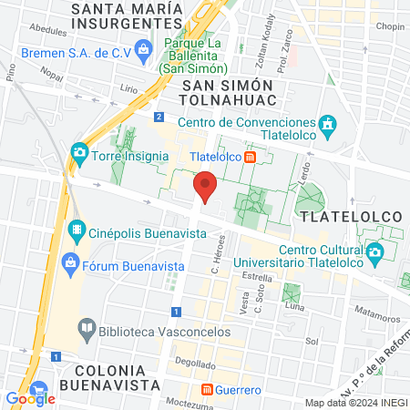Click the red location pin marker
pyautogui.click(x=206, y=186)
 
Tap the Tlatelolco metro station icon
pyautogui.click(x=250, y=157)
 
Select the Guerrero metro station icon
pyautogui.click(x=207, y=390)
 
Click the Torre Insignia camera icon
pyautogui.click(x=80, y=152)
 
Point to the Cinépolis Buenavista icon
pyautogui.click(x=78, y=231)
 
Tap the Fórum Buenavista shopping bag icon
pyautogui.click(x=69, y=266)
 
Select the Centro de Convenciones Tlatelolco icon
pyautogui.click(x=328, y=123)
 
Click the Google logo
pyautogui.click(x=30, y=398)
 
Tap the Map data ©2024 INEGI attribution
pyautogui.click(x=354, y=402)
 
